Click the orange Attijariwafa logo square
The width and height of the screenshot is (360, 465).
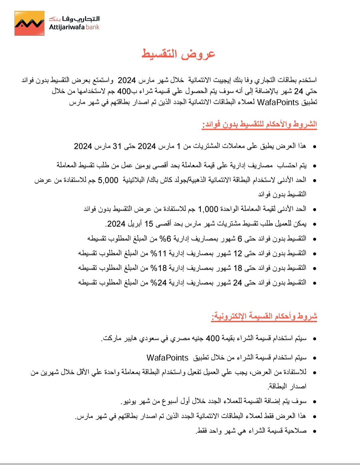pyautogui.click(x=29, y=23)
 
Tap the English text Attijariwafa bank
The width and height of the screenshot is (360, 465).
pyautogui.click(x=74, y=27)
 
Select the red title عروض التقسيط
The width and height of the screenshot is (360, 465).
pyautogui.click(x=179, y=54)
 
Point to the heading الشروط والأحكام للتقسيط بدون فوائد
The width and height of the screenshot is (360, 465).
pyautogui.click(x=259, y=124)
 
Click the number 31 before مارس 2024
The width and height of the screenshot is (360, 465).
pyautogui.click(x=117, y=146)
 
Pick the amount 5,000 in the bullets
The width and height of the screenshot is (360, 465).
pyautogui.click(x=108, y=180)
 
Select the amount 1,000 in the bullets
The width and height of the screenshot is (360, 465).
pyautogui.click(x=208, y=209)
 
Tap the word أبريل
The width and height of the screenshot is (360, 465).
pyautogui.click(x=134, y=224)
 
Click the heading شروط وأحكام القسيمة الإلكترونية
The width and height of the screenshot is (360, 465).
pyautogui.click(x=264, y=316)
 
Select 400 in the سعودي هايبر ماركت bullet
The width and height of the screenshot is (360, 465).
pyautogui.click(x=213, y=338)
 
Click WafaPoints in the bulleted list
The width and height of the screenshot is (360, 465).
pyautogui.click(x=167, y=358)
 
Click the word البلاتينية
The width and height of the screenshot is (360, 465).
pyautogui.click(x=134, y=180)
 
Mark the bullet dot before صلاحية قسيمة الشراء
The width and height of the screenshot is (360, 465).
pyautogui.click(x=314, y=431)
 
